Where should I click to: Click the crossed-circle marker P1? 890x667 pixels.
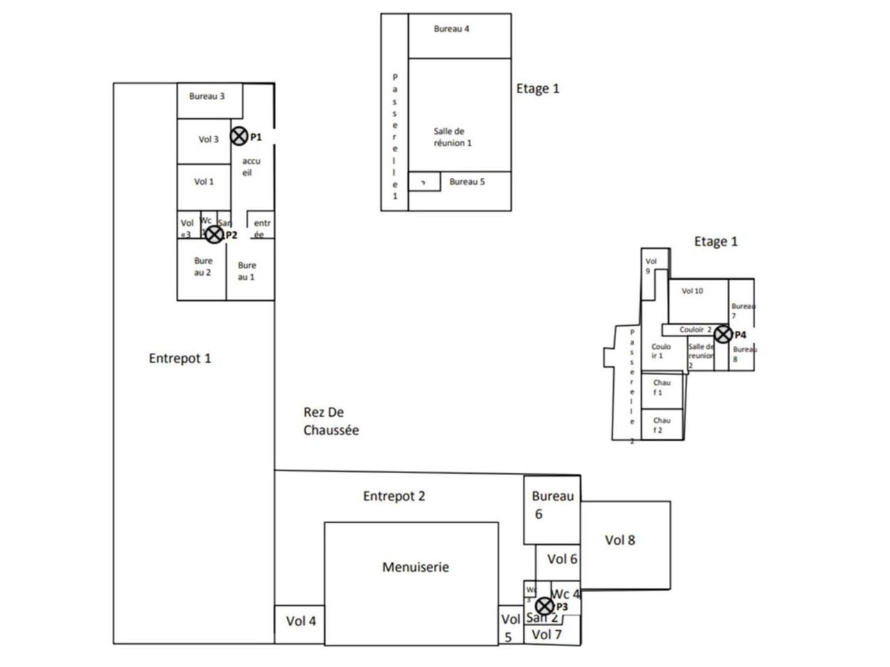tap(238, 136)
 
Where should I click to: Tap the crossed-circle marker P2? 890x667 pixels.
tap(214, 235)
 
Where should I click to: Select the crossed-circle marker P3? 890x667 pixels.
tap(544, 606)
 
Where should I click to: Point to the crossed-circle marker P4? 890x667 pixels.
tap(722, 334)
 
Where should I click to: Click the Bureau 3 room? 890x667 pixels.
tap(207, 97)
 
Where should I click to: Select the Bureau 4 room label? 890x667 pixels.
tap(451, 29)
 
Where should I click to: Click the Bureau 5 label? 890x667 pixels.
tap(467, 182)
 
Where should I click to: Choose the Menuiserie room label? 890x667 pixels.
tap(416, 567)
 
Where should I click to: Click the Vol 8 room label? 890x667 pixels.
tap(620, 540)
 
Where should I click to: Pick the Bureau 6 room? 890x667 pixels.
tap(552, 505)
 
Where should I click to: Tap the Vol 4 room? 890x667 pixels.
tap(300, 621)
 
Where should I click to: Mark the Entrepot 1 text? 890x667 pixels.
tap(179, 359)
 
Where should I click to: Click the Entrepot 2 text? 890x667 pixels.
tap(394, 496)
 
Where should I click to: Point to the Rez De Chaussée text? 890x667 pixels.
tap(331, 421)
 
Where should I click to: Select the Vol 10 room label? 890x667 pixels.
tap(692, 291)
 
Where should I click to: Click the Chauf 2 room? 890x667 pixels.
tap(662, 425)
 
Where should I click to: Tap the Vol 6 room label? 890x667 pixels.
tap(562, 559)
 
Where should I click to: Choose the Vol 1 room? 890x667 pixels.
tap(204, 182)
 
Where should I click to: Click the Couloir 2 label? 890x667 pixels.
tap(695, 329)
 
